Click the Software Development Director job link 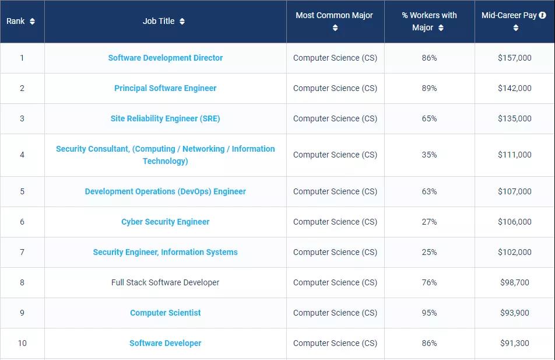pyautogui.click(x=166, y=58)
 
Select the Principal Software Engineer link pyautogui.click(x=166, y=88)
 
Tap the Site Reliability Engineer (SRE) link pyautogui.click(x=166, y=118)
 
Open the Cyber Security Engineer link pyautogui.click(x=166, y=222)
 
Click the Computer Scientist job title pyautogui.click(x=166, y=313)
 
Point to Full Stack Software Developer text pyautogui.click(x=166, y=282)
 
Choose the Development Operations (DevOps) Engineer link pyautogui.click(x=166, y=191)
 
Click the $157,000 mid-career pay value pyautogui.click(x=515, y=58)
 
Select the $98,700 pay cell pyautogui.click(x=515, y=282)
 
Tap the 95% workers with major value pyautogui.click(x=430, y=313)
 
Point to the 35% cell pyautogui.click(x=430, y=155)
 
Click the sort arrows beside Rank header pyautogui.click(x=32, y=22)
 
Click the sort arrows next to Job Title pyautogui.click(x=182, y=22)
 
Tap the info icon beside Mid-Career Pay pyautogui.click(x=542, y=16)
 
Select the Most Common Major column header pyautogui.click(x=334, y=16)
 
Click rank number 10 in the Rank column pyautogui.click(x=22, y=343)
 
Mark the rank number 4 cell pyautogui.click(x=22, y=155)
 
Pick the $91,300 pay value pyautogui.click(x=515, y=343)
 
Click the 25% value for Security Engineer pyautogui.click(x=430, y=252)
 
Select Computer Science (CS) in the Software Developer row pyautogui.click(x=335, y=343)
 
